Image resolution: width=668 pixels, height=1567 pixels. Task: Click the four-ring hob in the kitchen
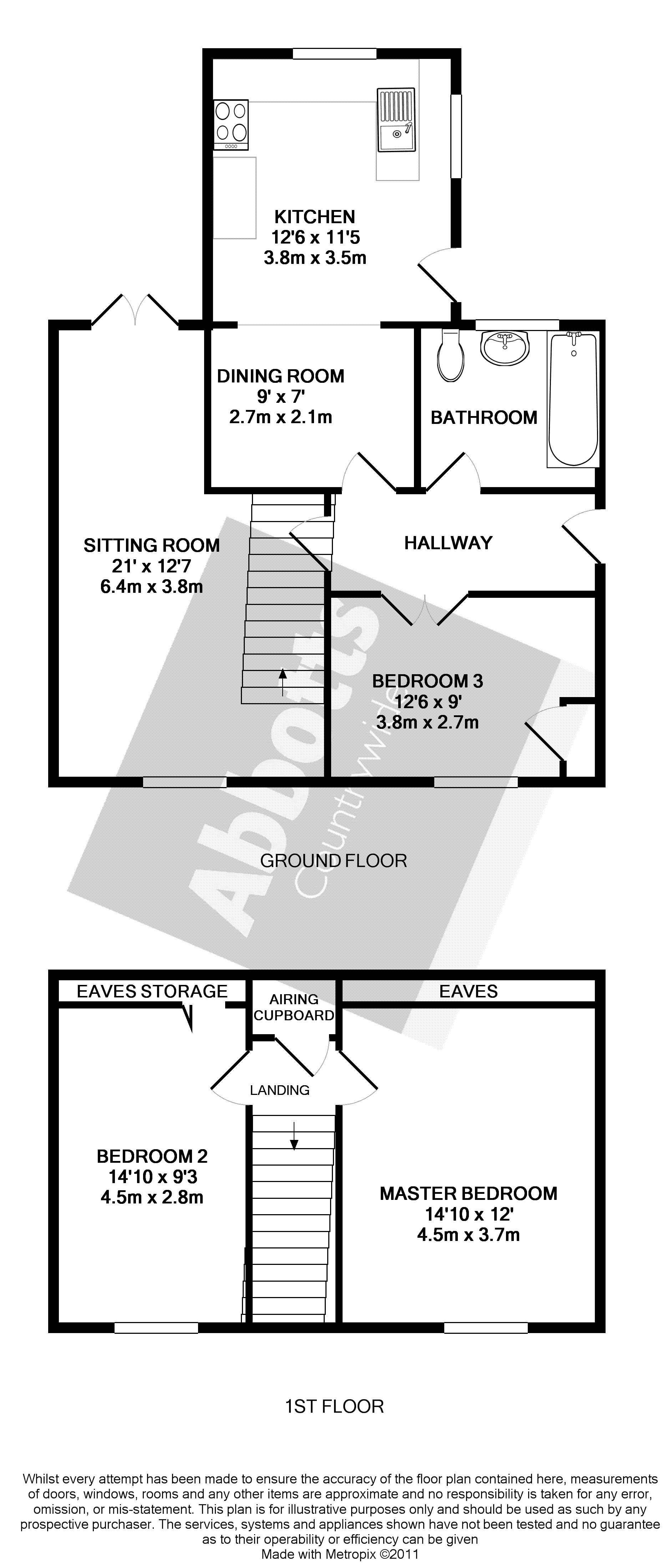coord(231,124)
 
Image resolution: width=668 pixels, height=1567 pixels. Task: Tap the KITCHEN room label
coord(315,216)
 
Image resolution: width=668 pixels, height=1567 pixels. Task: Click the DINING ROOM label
coord(281,376)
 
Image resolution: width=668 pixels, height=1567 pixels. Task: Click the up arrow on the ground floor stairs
coord(283,681)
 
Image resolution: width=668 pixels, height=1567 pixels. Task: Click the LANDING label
coord(280,1091)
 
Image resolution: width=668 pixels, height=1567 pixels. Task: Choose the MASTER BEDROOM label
coord(468,1193)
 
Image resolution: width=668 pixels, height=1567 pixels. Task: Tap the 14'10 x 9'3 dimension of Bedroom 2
coord(152,1176)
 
